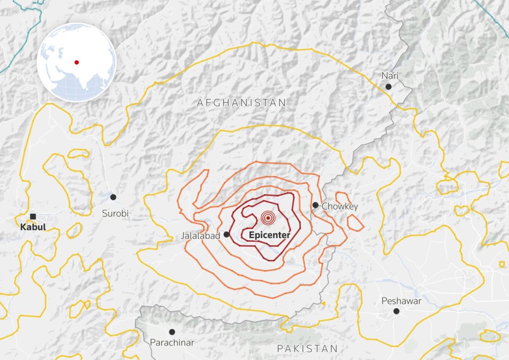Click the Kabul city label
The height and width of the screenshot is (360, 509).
point(33,227)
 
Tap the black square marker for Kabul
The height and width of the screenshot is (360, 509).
point(33,216)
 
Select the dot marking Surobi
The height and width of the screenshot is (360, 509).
point(113,197)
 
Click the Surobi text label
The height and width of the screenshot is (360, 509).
point(115,213)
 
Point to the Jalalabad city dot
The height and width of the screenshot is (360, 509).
point(227,234)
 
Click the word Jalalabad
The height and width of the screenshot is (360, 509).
point(200,236)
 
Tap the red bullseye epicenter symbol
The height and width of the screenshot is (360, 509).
point(268,218)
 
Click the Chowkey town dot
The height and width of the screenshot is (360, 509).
point(315,205)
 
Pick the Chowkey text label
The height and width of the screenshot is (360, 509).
point(339,206)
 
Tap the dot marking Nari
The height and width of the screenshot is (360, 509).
point(389,87)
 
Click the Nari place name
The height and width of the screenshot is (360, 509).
point(390,76)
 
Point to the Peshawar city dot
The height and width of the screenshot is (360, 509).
point(396,311)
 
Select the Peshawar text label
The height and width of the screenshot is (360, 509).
point(401,301)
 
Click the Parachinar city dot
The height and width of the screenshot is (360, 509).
point(172,332)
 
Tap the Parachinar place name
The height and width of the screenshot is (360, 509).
point(172,343)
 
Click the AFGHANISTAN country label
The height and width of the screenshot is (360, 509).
point(242,103)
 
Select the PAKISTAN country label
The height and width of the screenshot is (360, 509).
point(307,348)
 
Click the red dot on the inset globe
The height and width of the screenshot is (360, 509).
point(77,62)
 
